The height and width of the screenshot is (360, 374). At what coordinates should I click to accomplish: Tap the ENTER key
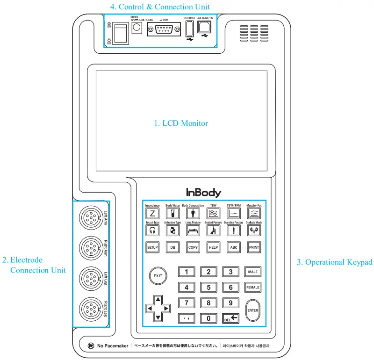[252, 310]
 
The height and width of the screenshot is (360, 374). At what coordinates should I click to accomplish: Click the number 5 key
[209, 288]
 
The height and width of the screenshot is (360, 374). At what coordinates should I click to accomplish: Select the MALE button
[252, 272]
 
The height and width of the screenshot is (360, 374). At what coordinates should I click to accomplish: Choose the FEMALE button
[252, 288]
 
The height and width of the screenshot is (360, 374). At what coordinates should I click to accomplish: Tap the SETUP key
[152, 247]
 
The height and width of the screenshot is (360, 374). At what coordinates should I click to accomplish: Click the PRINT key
[254, 247]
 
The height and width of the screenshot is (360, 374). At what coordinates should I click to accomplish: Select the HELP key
[213, 247]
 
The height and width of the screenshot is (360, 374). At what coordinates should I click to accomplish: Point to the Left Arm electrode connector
[89, 216]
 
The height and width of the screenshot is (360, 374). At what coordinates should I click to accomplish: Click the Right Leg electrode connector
[89, 309]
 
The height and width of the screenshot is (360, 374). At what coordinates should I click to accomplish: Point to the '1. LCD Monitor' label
[181, 123]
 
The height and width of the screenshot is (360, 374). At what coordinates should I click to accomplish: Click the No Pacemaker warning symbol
[91, 346]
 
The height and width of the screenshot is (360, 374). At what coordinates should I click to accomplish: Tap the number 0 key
[209, 318]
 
